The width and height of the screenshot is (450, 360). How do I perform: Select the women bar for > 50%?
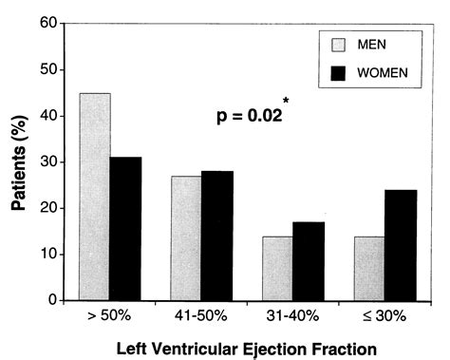tap(126, 229)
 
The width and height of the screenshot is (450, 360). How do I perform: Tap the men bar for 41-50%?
tap(185, 238)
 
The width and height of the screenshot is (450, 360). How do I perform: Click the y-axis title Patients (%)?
tap(19, 163)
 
